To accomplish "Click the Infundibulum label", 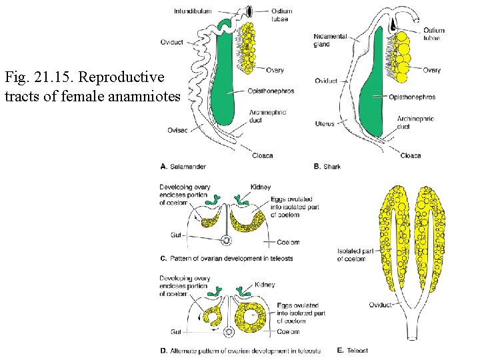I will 193,11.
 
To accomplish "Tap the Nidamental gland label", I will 331,40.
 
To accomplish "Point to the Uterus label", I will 325,123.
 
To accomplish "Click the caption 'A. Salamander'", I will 184,166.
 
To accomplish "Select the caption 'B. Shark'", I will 327,166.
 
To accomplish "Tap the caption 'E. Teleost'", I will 353,350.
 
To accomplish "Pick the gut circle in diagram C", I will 226,241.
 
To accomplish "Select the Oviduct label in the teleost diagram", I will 380,305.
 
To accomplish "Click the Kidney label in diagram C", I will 260,187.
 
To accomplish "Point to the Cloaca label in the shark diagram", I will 410,155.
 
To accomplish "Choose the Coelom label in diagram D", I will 288,331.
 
